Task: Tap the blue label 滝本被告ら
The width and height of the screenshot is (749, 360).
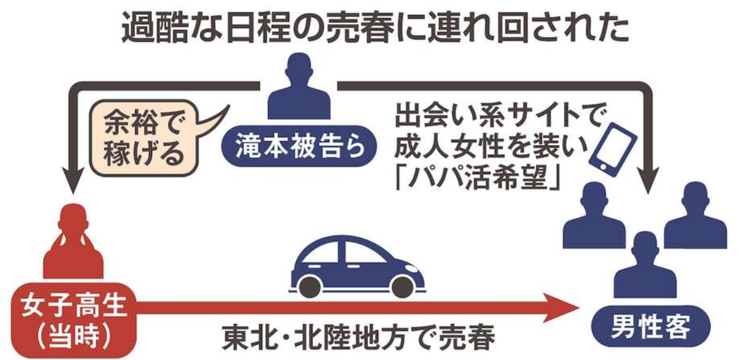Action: (299, 146)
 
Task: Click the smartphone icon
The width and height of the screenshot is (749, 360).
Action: (613, 151)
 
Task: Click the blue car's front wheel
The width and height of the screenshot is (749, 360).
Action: (402, 286)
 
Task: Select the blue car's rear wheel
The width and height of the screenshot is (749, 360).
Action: (310, 286)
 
